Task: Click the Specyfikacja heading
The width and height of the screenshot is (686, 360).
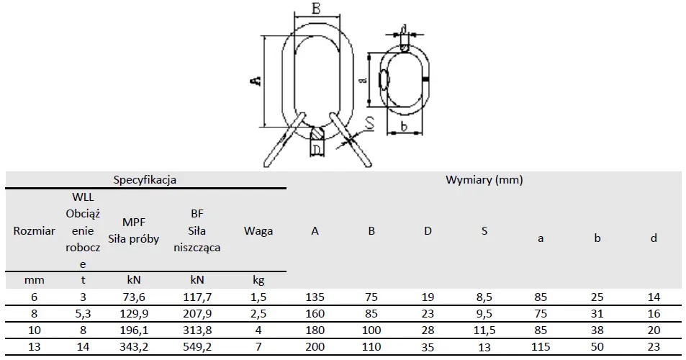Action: [145, 179]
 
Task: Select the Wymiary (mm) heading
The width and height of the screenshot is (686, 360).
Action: [484, 179]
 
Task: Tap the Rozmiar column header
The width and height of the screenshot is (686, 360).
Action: [34, 230]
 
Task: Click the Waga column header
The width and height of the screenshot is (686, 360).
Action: [258, 230]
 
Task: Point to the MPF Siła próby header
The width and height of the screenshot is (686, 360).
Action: [133, 230]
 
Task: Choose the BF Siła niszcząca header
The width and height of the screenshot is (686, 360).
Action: [197, 230]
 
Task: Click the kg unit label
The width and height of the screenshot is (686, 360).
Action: [258, 280]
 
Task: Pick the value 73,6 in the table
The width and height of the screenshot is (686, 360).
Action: [133, 297]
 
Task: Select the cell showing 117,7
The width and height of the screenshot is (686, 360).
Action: [197, 297]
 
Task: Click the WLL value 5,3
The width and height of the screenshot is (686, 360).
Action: [83, 314]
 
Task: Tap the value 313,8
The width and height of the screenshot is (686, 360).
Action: [197, 330]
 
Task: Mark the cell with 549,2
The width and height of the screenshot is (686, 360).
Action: [197, 347]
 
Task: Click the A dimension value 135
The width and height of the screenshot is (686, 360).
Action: [315, 297]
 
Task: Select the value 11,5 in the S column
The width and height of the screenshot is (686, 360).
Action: [484, 330]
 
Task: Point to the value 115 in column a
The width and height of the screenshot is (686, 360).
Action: [541, 347]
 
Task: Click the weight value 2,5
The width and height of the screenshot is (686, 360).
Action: [258, 314]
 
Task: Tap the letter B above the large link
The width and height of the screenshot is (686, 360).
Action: [316, 8]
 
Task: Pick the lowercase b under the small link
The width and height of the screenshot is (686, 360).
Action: [404, 126]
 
